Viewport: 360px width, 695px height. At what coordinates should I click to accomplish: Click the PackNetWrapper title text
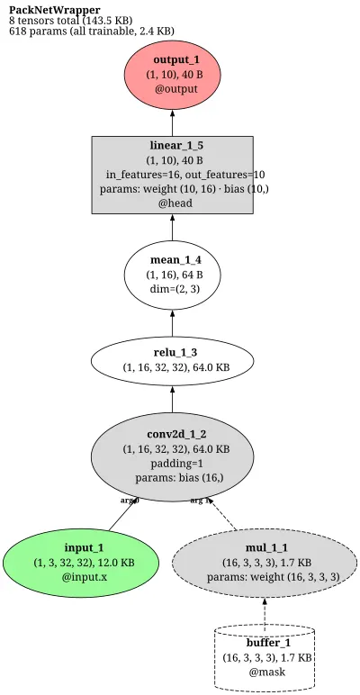(55, 10)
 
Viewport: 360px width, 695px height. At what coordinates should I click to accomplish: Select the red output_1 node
(173, 75)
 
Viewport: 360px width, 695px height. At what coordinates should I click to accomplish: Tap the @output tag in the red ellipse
(176, 88)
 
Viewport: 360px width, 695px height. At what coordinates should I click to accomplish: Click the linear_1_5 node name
(173, 145)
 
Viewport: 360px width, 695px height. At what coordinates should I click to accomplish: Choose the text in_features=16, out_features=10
(185, 174)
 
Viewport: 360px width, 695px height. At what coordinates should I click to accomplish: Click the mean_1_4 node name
(173, 260)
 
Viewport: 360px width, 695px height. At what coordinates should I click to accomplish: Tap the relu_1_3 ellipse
(173, 360)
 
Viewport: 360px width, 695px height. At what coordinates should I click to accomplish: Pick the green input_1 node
(81, 563)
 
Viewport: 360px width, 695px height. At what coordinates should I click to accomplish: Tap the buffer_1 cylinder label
(269, 643)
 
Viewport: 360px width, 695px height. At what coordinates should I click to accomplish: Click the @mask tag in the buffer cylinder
(267, 672)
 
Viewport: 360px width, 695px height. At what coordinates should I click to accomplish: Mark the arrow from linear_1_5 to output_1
(173, 122)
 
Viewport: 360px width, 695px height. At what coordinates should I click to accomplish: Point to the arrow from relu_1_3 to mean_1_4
(173, 322)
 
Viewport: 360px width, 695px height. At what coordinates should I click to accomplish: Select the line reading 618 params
(91, 31)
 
